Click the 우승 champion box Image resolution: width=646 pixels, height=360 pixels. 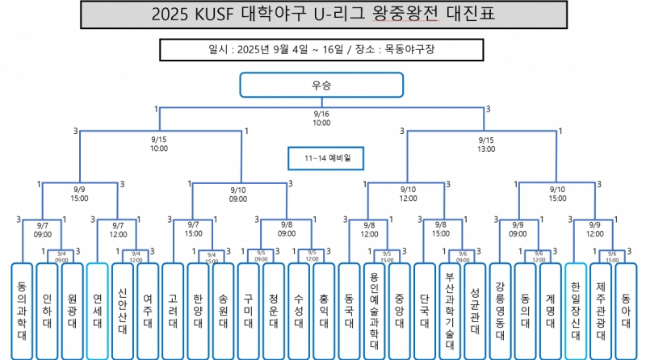(321, 84)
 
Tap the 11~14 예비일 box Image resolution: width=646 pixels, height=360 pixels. (321, 157)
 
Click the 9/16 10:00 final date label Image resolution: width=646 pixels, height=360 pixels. (321, 119)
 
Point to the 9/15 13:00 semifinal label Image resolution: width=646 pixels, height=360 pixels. (486, 144)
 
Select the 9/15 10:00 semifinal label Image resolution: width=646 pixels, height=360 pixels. (158, 144)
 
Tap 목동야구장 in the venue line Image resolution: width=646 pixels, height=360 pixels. (410, 48)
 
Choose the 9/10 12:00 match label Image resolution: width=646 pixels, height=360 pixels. (408, 193)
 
